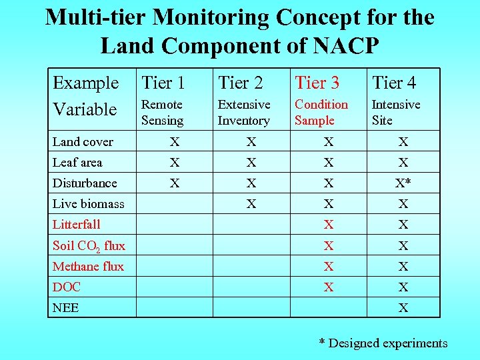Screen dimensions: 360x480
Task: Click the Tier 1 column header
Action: (163, 83)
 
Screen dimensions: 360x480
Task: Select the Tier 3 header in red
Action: (317, 83)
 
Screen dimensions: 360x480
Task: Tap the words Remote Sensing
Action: (162, 112)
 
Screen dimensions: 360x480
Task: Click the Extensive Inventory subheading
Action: (243, 112)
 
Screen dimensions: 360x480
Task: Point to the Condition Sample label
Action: (321, 112)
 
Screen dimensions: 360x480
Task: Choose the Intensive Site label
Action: (395, 112)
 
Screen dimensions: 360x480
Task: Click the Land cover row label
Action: (83, 141)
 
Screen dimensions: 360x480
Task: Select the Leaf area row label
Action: (77, 162)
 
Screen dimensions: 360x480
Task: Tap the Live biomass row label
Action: (88, 203)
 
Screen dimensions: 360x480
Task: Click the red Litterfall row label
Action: (76, 224)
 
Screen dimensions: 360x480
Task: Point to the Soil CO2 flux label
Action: (89, 245)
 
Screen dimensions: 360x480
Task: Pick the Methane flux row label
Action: (88, 266)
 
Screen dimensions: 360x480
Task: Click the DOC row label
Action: (67, 287)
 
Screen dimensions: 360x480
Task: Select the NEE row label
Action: (65, 307)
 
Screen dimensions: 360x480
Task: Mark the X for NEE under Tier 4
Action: (403, 307)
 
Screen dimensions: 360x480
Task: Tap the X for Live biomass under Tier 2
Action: (251, 203)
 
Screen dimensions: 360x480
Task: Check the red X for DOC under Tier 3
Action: (328, 287)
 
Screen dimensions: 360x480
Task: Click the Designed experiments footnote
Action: (383, 343)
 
